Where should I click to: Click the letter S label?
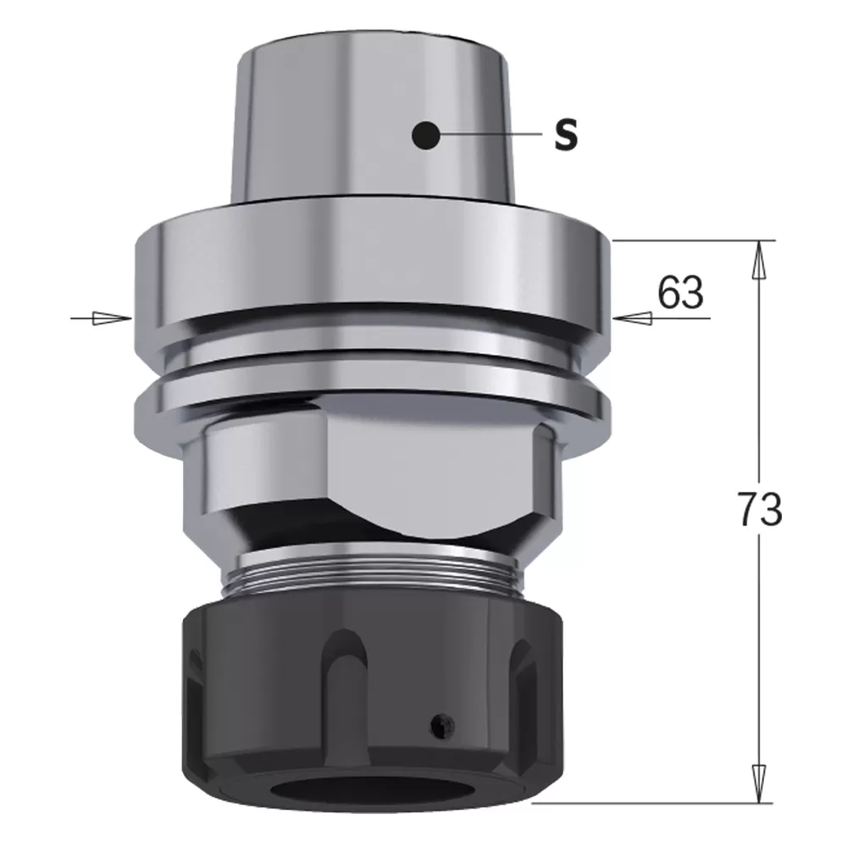pyautogui.click(x=566, y=136)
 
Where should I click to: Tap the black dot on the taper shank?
pyautogui.click(x=424, y=134)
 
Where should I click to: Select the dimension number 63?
pyautogui.click(x=680, y=293)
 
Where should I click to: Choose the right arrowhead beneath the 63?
pyautogui.click(x=630, y=318)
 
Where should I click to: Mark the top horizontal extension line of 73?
pyautogui.click(x=695, y=241)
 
